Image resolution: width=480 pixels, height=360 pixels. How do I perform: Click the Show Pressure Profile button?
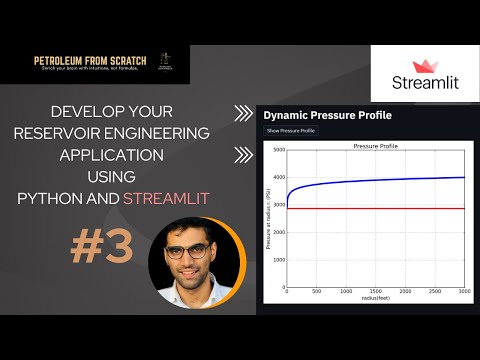click(x=291, y=130)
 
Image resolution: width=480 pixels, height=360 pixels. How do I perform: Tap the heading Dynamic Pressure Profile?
click(x=327, y=115)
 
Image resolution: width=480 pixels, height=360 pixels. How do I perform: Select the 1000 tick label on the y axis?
click(x=279, y=259)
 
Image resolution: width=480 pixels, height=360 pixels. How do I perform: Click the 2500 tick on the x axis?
click(x=435, y=292)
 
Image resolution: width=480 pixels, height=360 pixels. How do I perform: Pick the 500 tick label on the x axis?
click(x=316, y=292)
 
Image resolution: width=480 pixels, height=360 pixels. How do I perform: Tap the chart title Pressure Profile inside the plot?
click(x=376, y=146)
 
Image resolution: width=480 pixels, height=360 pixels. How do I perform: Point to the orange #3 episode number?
click(x=102, y=249)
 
